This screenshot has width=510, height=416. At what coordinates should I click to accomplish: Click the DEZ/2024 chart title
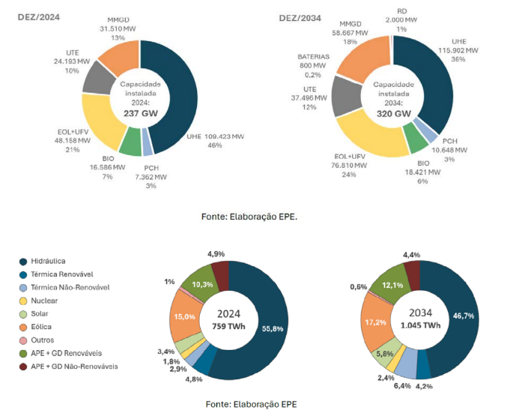pyautogui.click(x=38, y=16)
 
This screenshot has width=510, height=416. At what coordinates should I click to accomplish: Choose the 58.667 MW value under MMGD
pyautogui.click(x=351, y=33)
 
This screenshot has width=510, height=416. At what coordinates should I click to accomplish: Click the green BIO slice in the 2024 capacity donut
pyautogui.click(x=130, y=141)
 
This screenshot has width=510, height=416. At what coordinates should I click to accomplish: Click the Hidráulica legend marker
pyautogui.click(x=25, y=261)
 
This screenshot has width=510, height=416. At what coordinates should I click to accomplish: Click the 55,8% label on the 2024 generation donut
pyautogui.click(x=271, y=328)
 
